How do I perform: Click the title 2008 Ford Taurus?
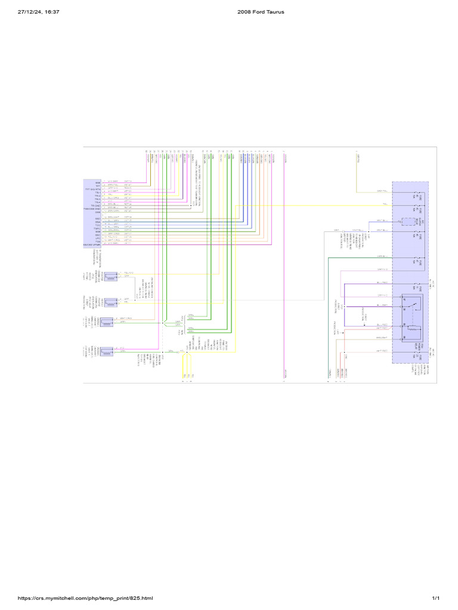[256, 11]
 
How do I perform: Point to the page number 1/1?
[435, 598]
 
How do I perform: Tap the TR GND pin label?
[95, 206]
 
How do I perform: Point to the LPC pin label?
[98, 238]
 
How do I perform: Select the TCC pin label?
[98, 225]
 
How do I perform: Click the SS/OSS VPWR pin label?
[92, 244]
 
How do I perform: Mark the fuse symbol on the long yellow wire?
[416, 206]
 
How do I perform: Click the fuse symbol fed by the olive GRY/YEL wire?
[416, 192]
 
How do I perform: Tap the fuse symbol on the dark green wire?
[416, 258]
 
